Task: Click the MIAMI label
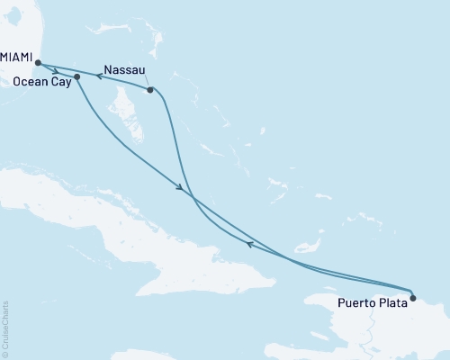pyautogui.click(x=15, y=56)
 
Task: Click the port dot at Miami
pyautogui.click(x=38, y=63)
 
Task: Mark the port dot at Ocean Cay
pyautogui.click(x=77, y=76)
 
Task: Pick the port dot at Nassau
pyautogui.click(x=150, y=90)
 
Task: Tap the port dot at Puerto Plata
pyautogui.click(x=412, y=296)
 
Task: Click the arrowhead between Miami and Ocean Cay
pyautogui.click(x=57, y=71)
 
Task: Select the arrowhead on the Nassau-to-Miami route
pyautogui.click(x=99, y=77)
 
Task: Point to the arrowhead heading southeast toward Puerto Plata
pyautogui.click(x=181, y=188)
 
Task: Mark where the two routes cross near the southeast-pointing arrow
pyautogui.click(x=191, y=197)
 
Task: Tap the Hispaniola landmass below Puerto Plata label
pyautogui.click(x=378, y=333)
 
